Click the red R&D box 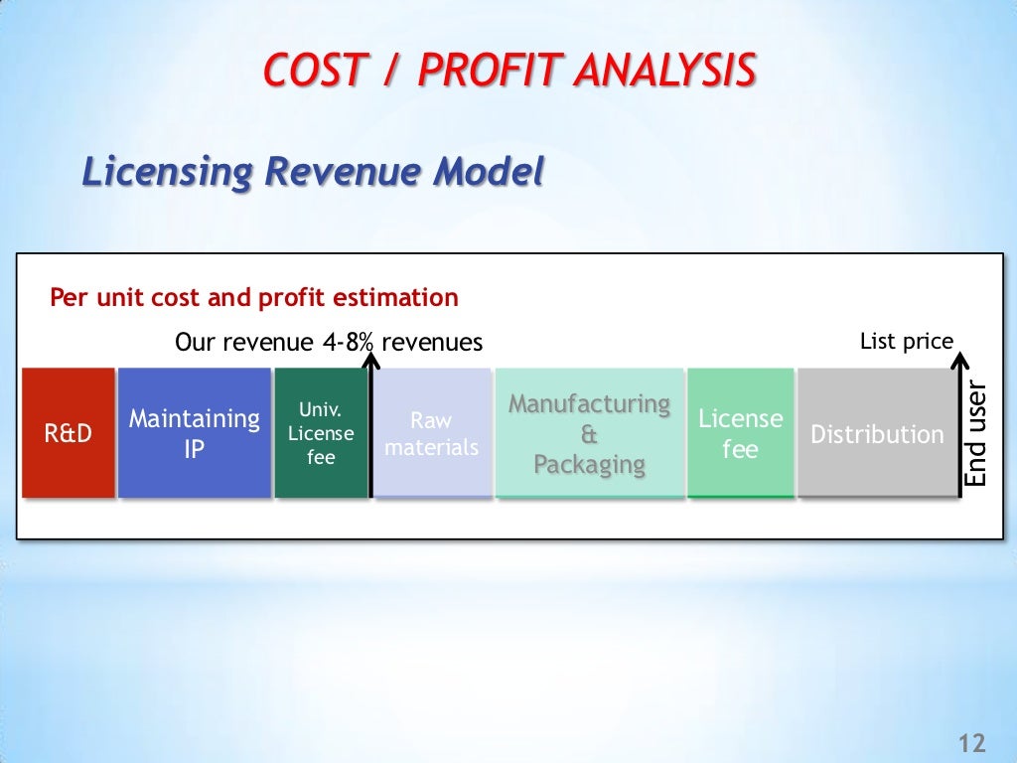click(x=68, y=433)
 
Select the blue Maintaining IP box click(x=195, y=433)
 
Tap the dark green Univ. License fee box click(x=321, y=433)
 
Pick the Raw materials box click(x=432, y=433)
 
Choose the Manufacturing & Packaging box click(x=590, y=433)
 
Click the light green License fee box click(x=740, y=433)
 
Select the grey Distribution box click(x=877, y=433)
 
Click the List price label click(x=906, y=342)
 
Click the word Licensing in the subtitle click(x=166, y=172)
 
